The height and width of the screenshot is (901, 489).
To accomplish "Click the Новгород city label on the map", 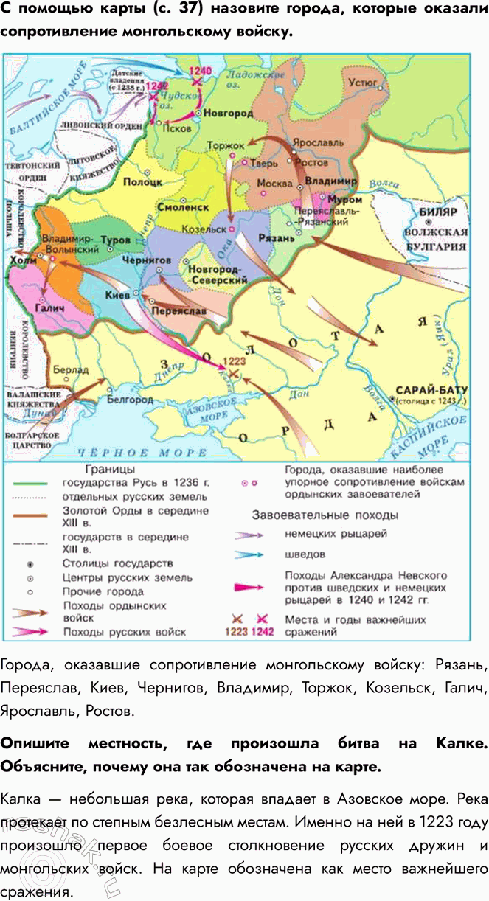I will tap(228, 114).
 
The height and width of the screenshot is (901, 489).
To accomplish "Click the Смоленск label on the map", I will tap(178, 208).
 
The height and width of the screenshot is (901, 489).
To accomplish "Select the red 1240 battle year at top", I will tap(200, 71).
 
